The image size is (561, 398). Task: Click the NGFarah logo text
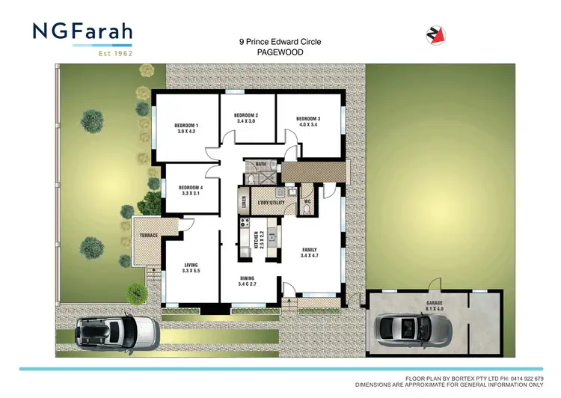(83, 32)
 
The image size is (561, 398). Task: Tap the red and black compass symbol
(434, 34)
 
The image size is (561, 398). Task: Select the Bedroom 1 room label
(186, 125)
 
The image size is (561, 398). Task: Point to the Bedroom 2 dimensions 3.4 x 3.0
(247, 120)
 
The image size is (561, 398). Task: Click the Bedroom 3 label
(308, 119)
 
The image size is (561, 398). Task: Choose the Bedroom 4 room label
(191, 187)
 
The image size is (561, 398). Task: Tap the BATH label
(261, 164)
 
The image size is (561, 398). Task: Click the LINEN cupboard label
(244, 202)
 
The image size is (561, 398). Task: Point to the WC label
(307, 200)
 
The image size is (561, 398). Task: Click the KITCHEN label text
(255, 239)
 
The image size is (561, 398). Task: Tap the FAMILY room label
(310, 250)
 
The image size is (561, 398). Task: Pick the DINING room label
(247, 278)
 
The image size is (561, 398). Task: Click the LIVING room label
(191, 265)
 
